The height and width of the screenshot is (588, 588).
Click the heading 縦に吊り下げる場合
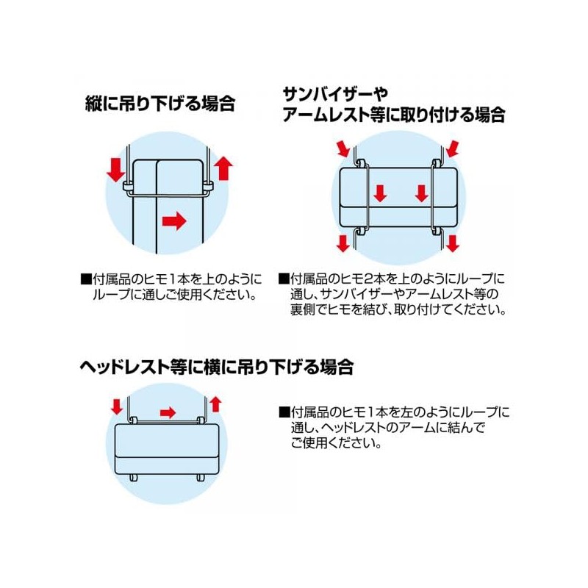coord(159,103)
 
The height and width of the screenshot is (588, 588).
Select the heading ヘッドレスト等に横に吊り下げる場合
coord(217,367)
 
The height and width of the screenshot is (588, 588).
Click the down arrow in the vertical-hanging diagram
coord(115,168)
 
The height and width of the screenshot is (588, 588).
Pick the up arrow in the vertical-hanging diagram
coord(224,168)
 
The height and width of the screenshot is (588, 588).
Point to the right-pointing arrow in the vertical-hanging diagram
coord(174,219)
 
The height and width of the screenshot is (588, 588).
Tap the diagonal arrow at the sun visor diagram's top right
coord(453,150)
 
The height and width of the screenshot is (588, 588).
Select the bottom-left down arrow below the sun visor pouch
coord(343,243)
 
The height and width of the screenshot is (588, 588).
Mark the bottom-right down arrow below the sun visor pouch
coord(452,243)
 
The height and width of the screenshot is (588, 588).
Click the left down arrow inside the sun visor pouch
coord(379,194)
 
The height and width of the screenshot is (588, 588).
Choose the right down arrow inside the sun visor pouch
coord(421,194)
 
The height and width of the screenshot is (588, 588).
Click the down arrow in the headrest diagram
coord(115,406)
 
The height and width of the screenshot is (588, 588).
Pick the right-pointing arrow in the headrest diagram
coord(168,412)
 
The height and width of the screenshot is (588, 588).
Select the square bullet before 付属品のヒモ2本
coord(283,280)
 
